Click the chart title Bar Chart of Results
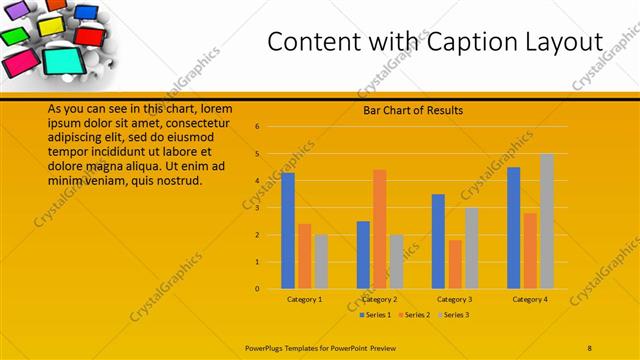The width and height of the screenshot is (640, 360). [412, 110]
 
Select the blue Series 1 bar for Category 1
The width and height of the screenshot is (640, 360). [288, 230]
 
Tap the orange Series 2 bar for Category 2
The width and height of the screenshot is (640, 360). [380, 229]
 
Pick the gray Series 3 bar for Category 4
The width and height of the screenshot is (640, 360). [547, 221]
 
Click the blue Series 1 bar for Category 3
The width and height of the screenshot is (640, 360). [438, 241]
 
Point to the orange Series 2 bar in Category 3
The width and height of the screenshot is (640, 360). [455, 264]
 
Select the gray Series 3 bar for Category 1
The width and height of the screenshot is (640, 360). [321, 261]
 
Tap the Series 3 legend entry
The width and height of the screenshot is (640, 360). [453, 315]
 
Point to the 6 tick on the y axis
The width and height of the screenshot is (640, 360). [257, 127]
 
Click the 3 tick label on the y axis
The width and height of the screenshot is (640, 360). [257, 208]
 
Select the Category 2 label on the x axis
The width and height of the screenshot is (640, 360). [380, 299]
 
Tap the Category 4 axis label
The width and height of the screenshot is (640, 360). [530, 299]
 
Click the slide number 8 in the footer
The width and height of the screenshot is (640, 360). [590, 346]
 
